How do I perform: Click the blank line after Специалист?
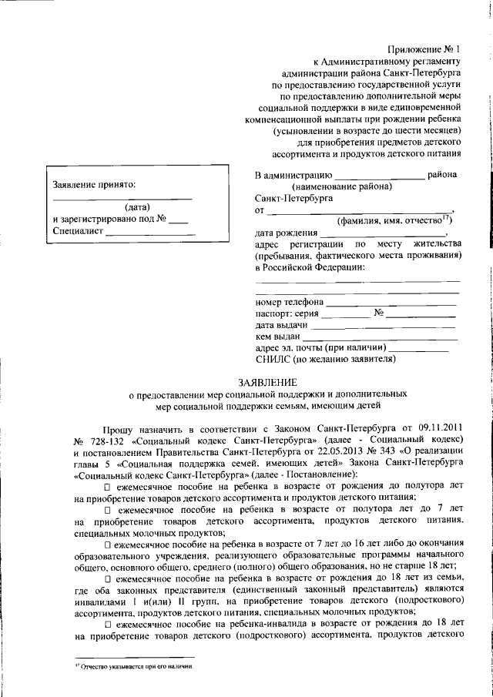pos(150,233)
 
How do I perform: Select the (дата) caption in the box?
pos(136,206)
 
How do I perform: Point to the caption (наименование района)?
pos(340,186)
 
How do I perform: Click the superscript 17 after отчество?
pos(446,217)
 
